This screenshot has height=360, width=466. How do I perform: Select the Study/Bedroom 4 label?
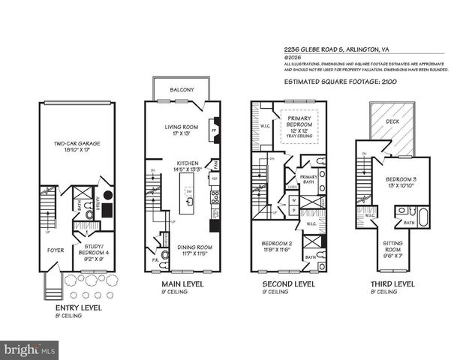[95, 251]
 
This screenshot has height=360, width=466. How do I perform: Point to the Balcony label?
[182, 89]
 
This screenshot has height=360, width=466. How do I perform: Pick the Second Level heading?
[287, 285]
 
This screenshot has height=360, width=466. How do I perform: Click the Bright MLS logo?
[30, 349]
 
